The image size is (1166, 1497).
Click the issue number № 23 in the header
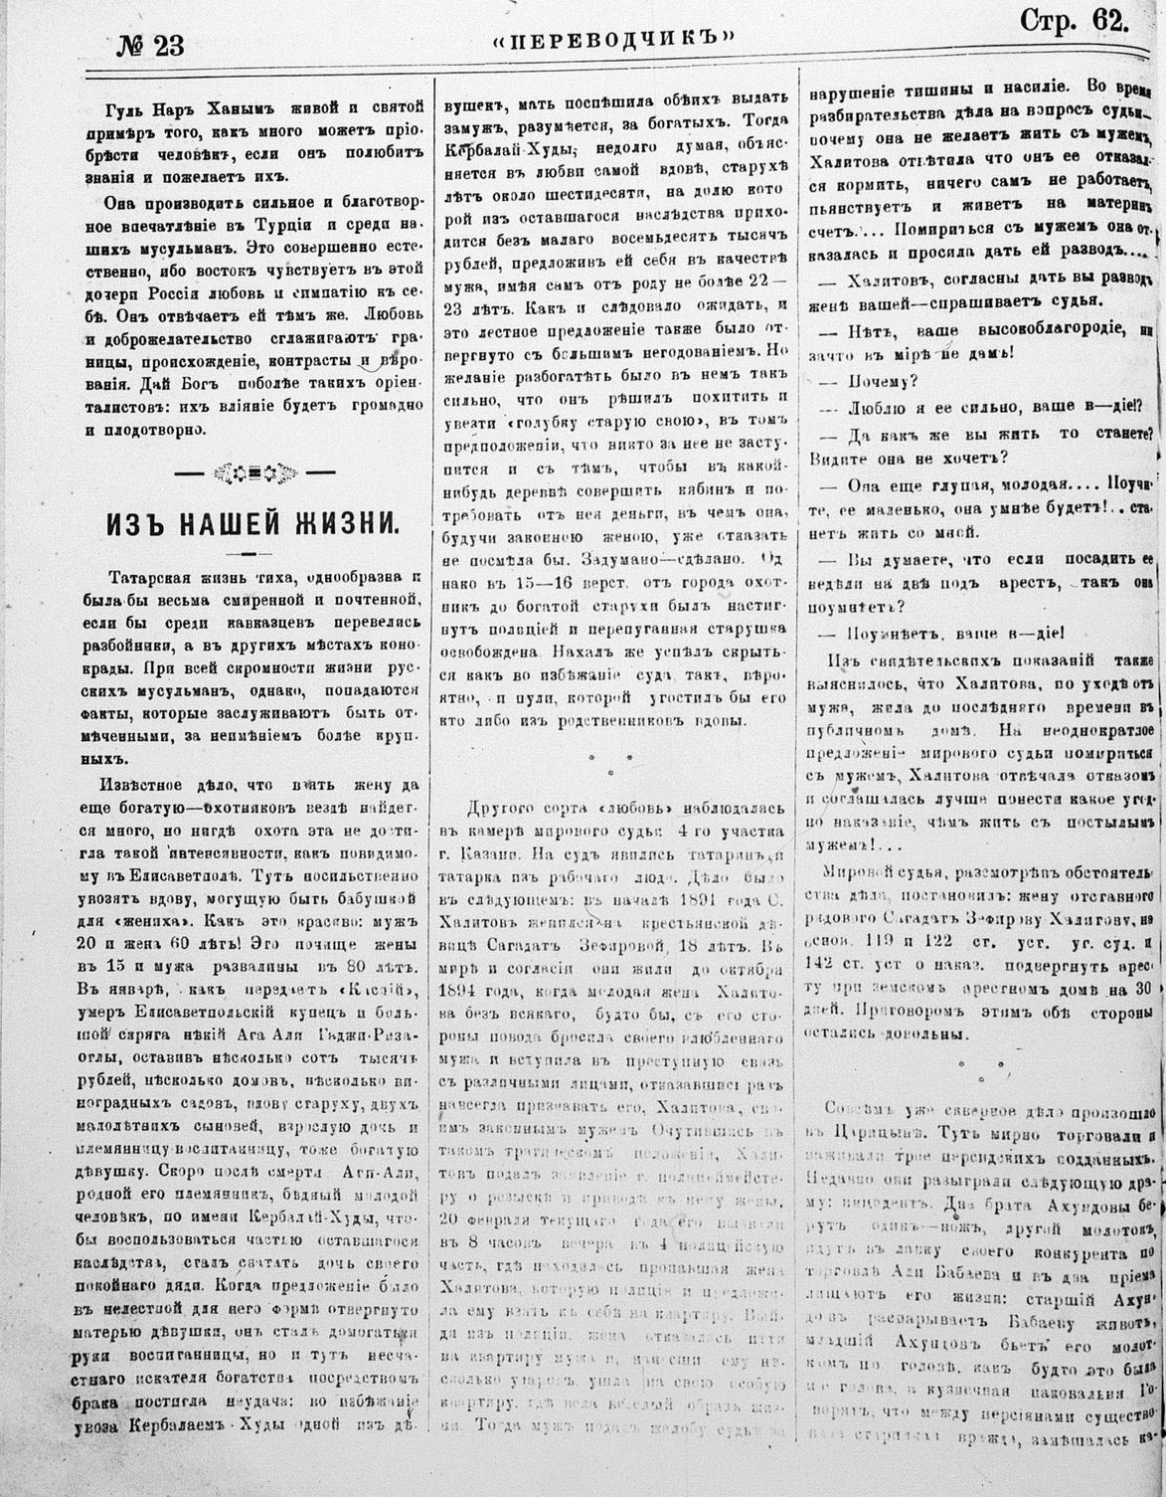(x=145, y=43)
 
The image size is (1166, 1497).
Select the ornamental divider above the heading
(x=252, y=471)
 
